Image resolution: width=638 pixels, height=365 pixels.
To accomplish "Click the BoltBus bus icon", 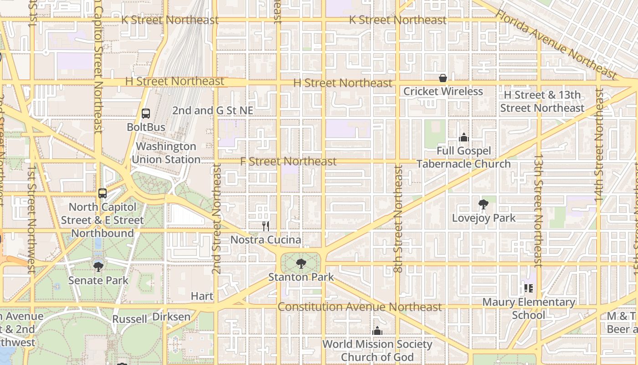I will click(146, 114).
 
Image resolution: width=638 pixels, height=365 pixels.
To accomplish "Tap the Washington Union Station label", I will click(166, 153).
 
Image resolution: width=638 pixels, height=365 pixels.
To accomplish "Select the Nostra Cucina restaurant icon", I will click(266, 226).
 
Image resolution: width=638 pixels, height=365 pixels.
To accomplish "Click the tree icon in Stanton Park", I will click(301, 263).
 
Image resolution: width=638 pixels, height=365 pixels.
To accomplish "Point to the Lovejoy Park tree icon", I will click(484, 204).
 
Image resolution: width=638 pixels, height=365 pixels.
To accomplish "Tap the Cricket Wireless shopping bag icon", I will click(442, 78).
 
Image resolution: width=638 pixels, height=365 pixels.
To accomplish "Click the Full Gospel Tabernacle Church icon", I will click(463, 137).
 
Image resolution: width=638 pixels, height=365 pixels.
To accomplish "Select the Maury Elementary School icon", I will click(529, 288).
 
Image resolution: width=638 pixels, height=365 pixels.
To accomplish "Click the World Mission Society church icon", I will click(377, 331).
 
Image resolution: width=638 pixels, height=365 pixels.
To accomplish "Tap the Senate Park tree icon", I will click(98, 266).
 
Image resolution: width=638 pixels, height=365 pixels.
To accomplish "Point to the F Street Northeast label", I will click(288, 162).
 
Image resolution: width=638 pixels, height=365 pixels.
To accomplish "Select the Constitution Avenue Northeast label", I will click(360, 307).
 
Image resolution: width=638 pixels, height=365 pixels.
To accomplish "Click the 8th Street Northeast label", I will click(398, 219).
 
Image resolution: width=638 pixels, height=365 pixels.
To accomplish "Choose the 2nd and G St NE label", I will click(212, 110).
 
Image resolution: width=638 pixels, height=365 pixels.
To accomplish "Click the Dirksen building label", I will click(171, 317).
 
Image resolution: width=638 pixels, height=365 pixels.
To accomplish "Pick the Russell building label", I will click(129, 319).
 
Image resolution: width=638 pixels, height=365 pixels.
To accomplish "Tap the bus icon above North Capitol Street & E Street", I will click(103, 193).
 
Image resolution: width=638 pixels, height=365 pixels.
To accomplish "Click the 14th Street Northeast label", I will click(599, 146).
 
